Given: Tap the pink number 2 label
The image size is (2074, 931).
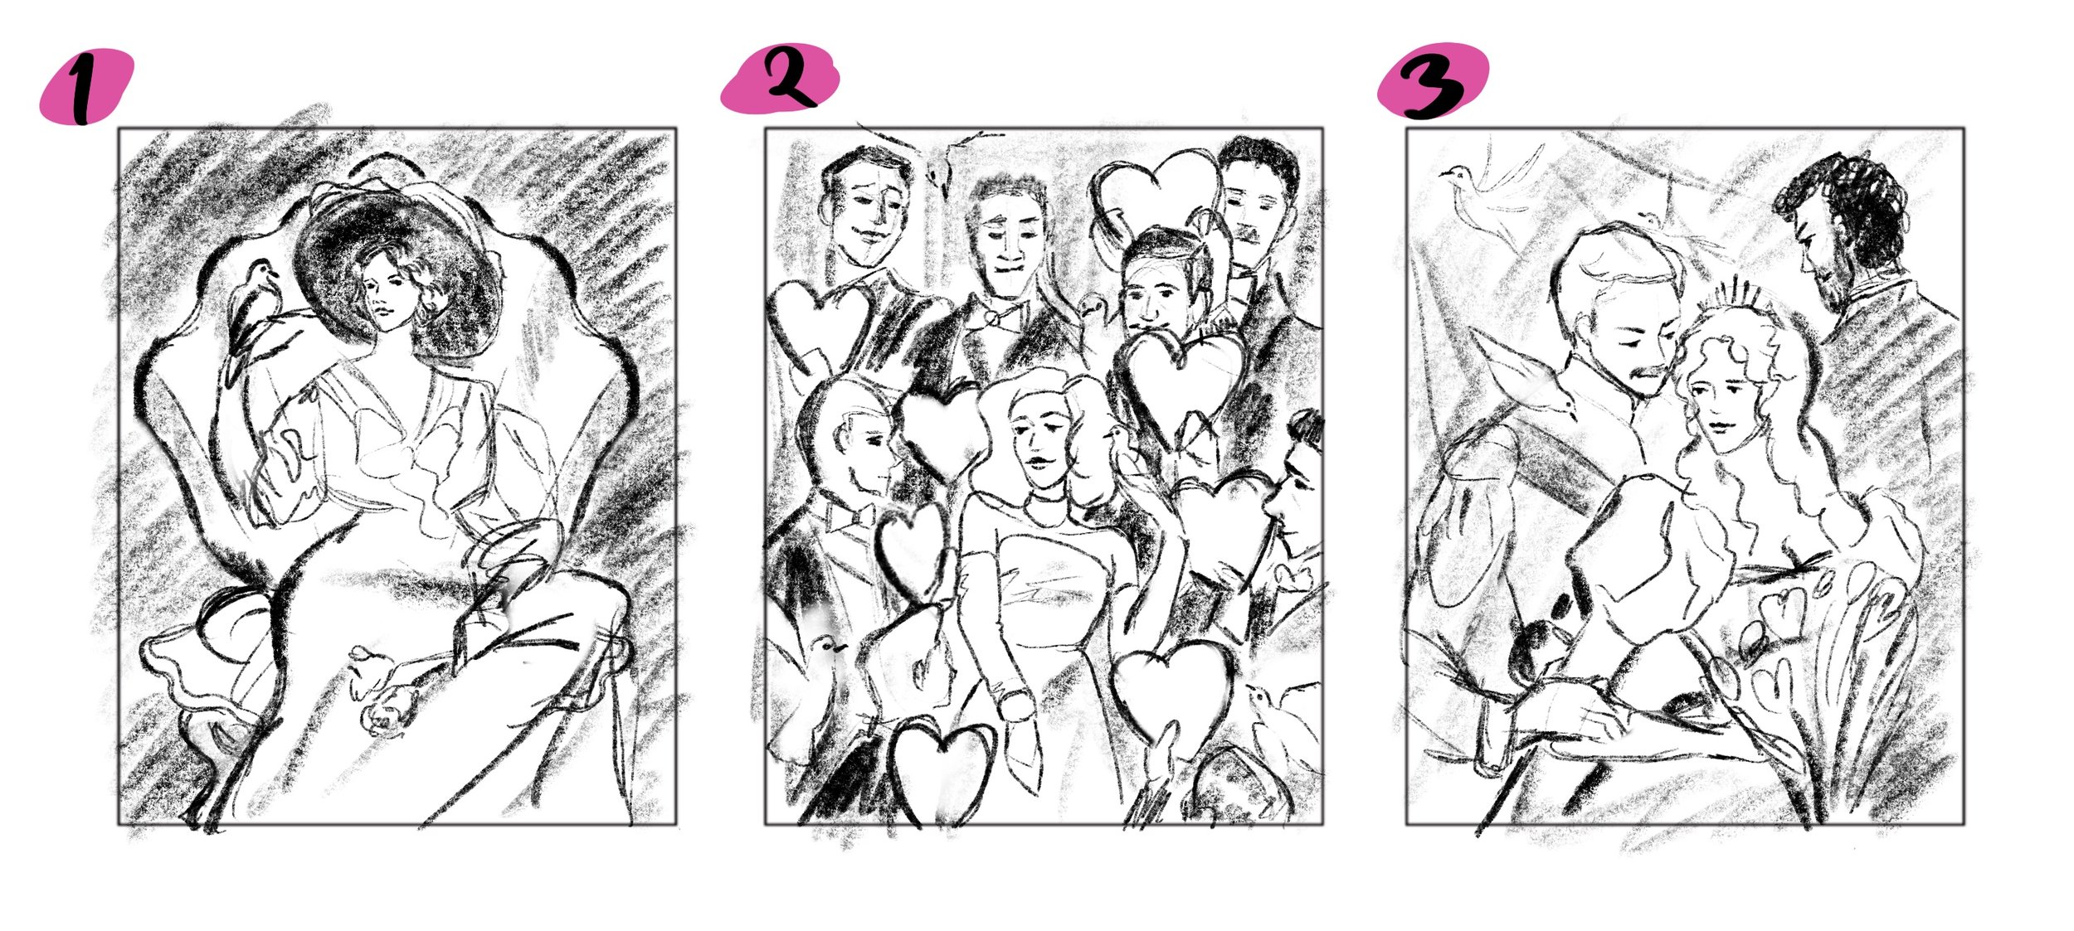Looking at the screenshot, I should point(780,78).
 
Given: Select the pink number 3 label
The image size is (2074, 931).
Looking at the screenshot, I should point(1433,81).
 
